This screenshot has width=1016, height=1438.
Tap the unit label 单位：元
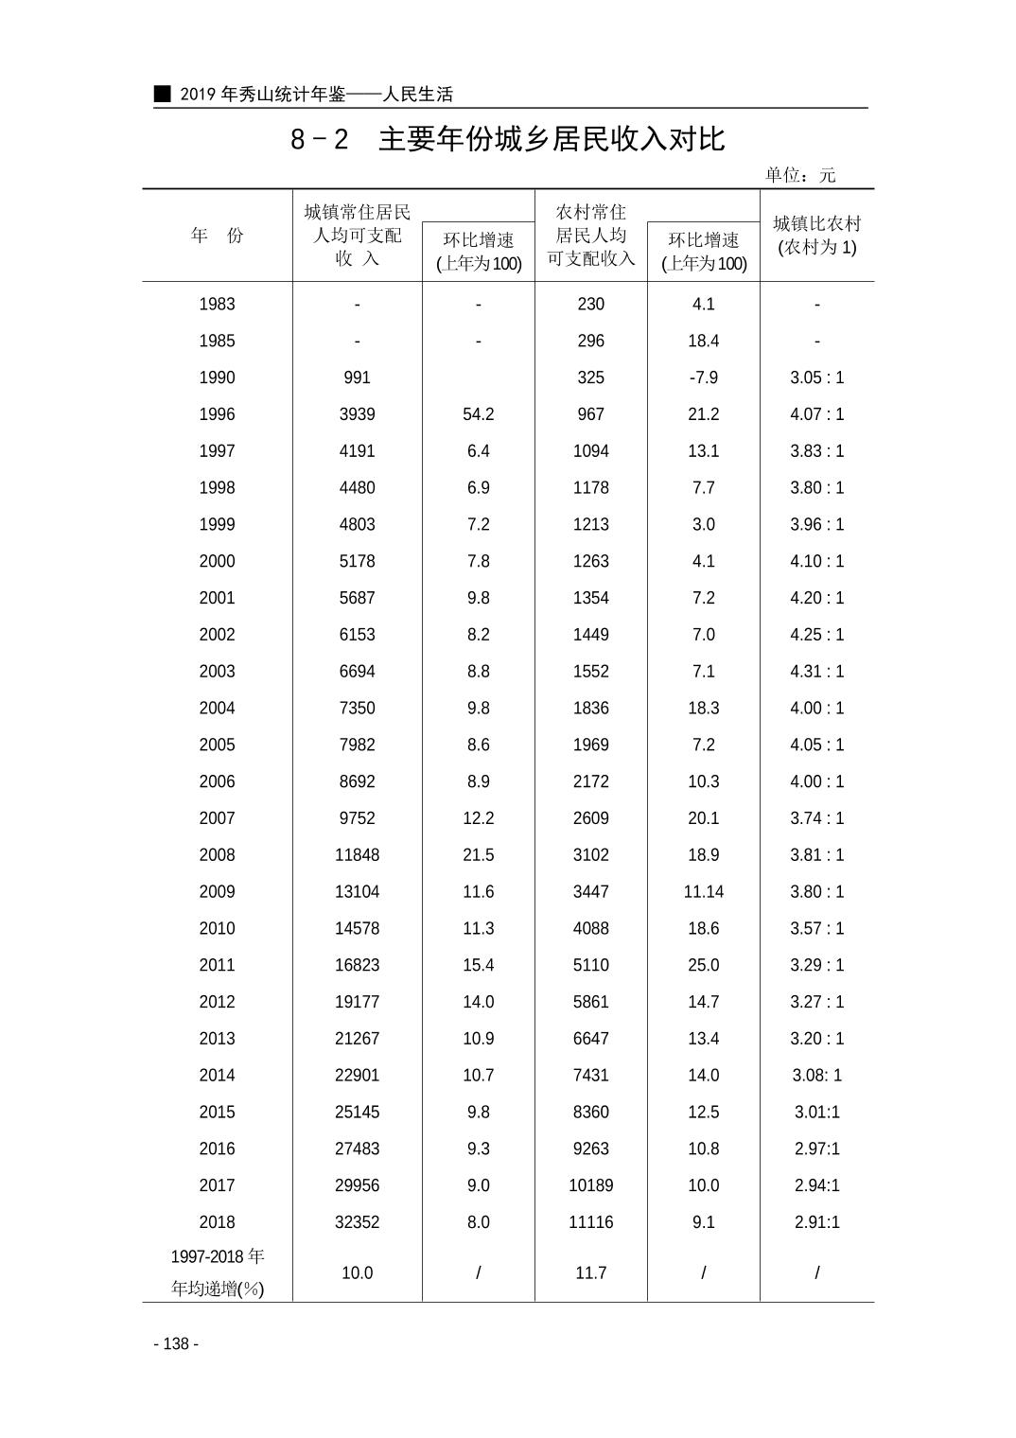click(x=800, y=175)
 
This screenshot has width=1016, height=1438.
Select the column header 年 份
click(x=217, y=236)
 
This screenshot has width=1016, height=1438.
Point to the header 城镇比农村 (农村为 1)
click(x=816, y=236)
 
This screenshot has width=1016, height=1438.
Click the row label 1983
click(x=217, y=305)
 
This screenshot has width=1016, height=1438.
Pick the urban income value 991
click(x=357, y=377)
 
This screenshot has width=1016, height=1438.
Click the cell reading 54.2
click(x=478, y=414)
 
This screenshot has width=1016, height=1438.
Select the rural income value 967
click(x=590, y=414)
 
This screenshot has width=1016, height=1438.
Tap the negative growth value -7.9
click(x=703, y=377)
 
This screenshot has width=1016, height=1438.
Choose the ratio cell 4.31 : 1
click(x=816, y=672)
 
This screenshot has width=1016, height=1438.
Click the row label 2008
click(x=217, y=855)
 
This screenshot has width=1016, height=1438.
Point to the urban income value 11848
click(x=357, y=855)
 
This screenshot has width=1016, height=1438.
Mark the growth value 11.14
click(x=703, y=892)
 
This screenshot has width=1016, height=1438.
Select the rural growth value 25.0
click(x=703, y=965)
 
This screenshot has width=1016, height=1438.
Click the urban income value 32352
click(x=357, y=1222)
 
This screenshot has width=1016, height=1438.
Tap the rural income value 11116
click(x=590, y=1222)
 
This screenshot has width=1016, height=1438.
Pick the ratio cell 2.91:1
click(x=816, y=1222)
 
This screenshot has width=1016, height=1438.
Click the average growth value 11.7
click(x=590, y=1273)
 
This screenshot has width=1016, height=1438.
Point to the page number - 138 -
click(x=176, y=1343)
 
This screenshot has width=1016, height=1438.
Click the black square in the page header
click(x=163, y=94)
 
